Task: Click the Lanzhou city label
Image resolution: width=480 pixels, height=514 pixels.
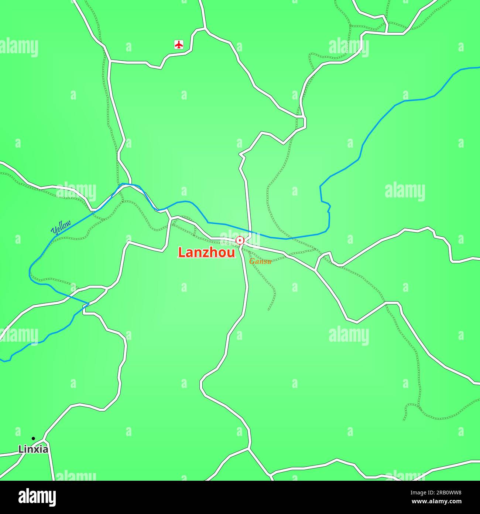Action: [x=206, y=252]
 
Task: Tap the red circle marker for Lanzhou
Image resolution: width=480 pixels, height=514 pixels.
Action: [x=240, y=241]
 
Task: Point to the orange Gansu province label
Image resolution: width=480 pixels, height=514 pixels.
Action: [x=260, y=261]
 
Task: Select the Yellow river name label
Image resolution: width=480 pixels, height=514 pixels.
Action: [x=61, y=227]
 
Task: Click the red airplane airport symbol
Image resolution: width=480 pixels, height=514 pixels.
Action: [x=179, y=45]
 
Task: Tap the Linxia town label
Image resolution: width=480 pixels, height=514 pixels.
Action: [x=33, y=449]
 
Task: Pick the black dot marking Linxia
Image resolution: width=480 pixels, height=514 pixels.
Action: [x=33, y=439]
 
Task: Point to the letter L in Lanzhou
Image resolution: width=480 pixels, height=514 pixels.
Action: [x=181, y=252]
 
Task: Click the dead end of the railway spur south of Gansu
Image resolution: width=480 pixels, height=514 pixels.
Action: [x=269, y=310]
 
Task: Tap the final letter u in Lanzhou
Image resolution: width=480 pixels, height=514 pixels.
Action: [x=232, y=253]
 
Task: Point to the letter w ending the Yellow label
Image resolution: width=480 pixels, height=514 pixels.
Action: [x=68, y=223]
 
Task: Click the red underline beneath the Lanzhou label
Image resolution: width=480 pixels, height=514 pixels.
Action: [x=206, y=258]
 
